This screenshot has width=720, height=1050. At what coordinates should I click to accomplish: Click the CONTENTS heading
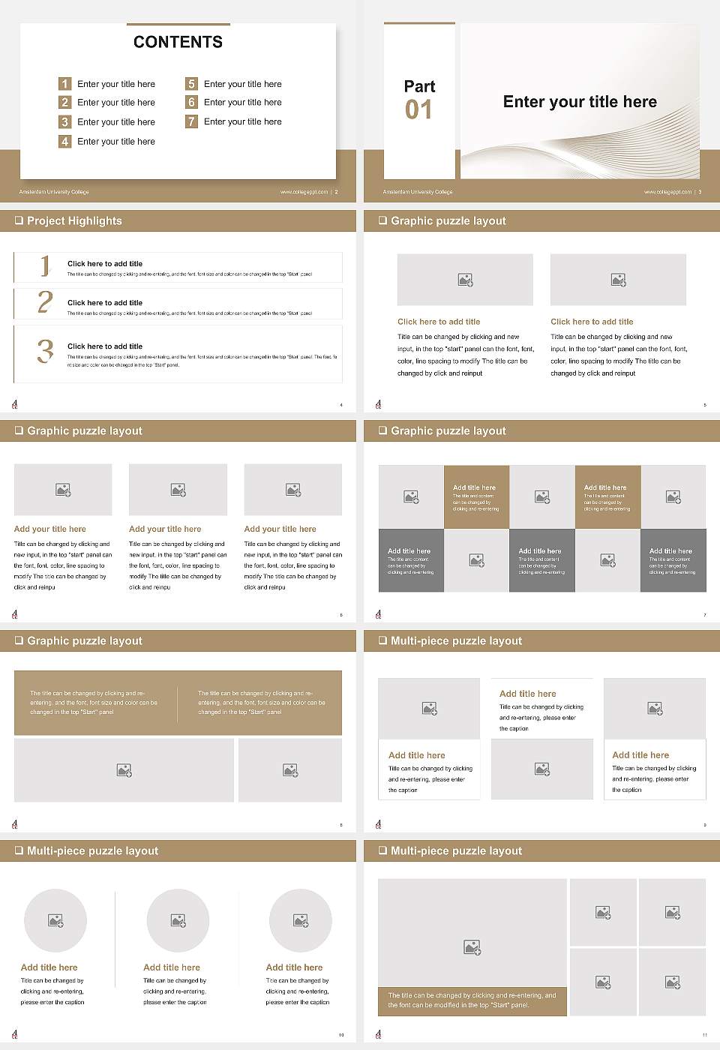click(178, 42)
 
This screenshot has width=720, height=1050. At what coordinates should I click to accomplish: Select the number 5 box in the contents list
click(191, 84)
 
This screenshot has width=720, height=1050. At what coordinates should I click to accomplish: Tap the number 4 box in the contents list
click(64, 141)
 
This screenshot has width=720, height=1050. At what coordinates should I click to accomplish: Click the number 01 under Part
click(418, 110)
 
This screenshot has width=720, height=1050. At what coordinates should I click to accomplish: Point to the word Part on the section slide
click(419, 86)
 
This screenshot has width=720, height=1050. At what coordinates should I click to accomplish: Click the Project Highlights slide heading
click(74, 220)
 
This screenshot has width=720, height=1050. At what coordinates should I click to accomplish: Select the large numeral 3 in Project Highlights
click(45, 351)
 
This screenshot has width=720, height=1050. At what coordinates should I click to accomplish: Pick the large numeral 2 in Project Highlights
click(45, 302)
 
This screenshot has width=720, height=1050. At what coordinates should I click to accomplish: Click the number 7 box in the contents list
click(191, 121)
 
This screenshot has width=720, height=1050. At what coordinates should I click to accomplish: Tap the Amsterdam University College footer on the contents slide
click(54, 192)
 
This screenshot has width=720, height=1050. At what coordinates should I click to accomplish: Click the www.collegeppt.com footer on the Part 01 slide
click(667, 192)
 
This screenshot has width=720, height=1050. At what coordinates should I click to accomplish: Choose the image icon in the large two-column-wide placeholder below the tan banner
click(124, 770)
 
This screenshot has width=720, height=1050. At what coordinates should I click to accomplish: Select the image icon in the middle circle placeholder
click(178, 920)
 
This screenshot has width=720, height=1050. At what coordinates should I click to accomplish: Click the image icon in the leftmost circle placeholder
click(55, 920)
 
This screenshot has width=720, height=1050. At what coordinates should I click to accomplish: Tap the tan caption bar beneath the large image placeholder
click(472, 1000)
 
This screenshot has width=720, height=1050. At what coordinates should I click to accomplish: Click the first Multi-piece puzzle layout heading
click(456, 640)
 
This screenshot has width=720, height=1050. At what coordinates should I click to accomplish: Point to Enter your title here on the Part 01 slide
click(580, 102)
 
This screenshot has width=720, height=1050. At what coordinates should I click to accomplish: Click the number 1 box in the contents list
click(64, 84)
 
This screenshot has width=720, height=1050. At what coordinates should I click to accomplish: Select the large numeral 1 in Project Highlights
click(45, 265)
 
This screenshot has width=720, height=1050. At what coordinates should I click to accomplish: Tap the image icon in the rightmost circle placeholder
click(301, 920)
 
